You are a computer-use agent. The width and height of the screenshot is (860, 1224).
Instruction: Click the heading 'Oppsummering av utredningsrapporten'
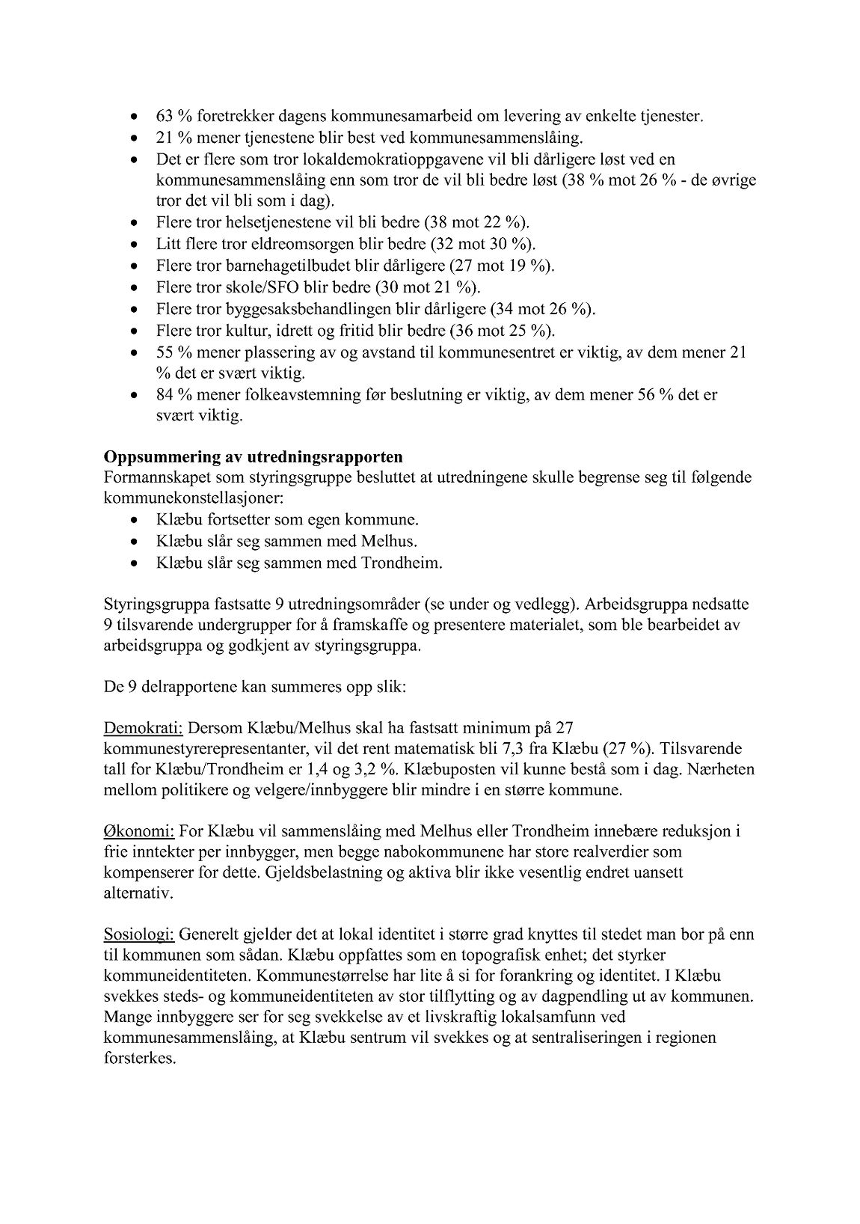point(254,457)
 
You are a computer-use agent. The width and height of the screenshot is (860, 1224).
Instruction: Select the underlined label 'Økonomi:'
point(139,831)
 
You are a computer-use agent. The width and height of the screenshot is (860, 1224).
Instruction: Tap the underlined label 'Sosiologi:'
point(139,934)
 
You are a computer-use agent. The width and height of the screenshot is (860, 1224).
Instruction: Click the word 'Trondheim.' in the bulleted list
point(404,563)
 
